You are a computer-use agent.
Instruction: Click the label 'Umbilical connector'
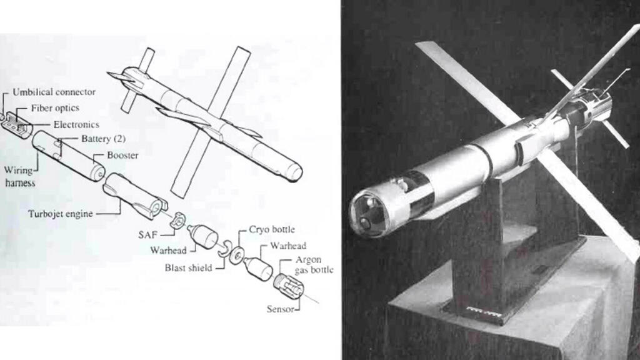coord(54,92)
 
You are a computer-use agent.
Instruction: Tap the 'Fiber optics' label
coord(55,108)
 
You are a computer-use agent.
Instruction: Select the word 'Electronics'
coord(76,124)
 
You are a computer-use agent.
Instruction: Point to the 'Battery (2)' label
coord(103,139)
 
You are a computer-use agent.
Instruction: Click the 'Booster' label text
coord(122,156)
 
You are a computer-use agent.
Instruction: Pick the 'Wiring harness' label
coord(19,176)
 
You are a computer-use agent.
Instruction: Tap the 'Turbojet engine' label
coord(61,214)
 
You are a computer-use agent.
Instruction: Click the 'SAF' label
coord(147,235)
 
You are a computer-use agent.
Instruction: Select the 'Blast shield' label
coord(188,267)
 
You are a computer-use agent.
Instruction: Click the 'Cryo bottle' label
coord(272,229)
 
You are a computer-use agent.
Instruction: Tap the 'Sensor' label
coord(281,309)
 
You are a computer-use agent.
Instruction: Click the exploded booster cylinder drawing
coord(68,156)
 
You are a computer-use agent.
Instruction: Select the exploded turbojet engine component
coord(136,196)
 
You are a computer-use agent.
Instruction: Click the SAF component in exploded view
coord(177,221)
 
